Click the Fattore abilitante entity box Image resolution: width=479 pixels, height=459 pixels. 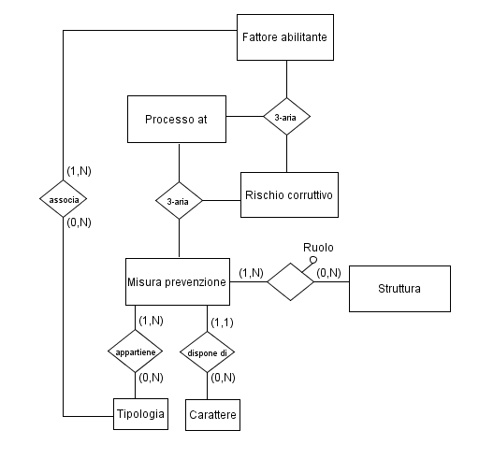point(285,37)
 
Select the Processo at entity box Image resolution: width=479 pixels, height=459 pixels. point(177,119)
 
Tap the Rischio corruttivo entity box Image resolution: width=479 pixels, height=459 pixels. point(289,194)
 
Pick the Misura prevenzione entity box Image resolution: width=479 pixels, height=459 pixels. point(178,281)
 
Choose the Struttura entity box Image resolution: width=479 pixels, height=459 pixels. point(399,289)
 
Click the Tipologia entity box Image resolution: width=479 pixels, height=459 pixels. point(140,414)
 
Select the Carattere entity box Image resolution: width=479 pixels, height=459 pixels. point(212,415)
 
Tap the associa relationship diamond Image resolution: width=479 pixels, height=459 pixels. point(64,199)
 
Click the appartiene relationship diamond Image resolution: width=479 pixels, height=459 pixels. point(135,351)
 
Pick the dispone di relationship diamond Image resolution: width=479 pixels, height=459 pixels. point(208,352)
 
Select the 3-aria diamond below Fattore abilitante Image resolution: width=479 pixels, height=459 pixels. point(287,117)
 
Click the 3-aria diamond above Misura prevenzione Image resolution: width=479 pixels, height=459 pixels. point(179,201)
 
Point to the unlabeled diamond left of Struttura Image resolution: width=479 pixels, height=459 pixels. point(290,281)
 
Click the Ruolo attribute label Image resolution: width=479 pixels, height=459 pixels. point(318,248)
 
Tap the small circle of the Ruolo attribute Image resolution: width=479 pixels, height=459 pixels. point(313,260)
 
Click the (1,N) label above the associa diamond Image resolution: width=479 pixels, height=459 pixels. point(79,171)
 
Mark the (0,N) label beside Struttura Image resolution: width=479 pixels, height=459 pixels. point(328,273)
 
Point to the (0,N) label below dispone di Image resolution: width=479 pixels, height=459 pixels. point(223,378)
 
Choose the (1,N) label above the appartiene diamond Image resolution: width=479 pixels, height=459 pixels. point(152,321)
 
